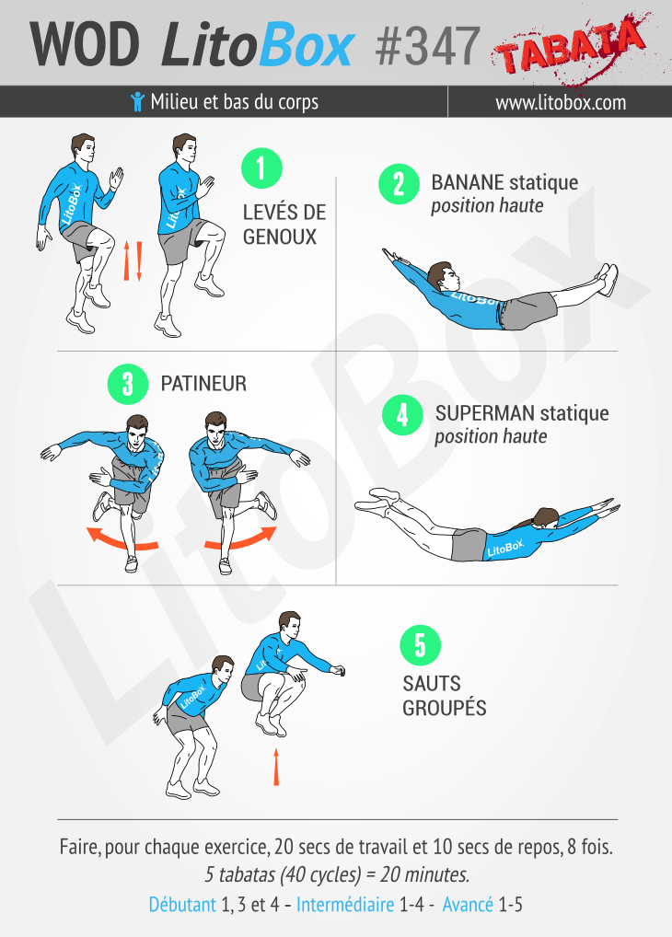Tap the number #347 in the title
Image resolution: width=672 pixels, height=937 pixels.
point(427,45)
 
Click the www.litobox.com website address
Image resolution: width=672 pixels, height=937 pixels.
point(561,102)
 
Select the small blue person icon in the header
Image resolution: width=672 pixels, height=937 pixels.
point(137,101)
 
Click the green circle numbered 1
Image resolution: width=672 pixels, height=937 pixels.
point(261,168)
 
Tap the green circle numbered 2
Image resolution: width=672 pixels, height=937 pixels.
point(399,184)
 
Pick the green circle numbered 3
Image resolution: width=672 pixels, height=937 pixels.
point(128,384)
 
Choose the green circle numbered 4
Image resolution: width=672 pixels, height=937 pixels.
point(402,415)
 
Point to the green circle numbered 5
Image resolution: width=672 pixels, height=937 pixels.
point(421,645)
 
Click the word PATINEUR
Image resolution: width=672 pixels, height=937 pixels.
point(203,384)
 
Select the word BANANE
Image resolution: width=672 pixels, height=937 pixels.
point(468,182)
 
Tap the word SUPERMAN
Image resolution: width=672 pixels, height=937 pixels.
point(485,413)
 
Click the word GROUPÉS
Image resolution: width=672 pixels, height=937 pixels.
point(445,708)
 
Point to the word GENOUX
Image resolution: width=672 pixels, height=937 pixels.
point(280,237)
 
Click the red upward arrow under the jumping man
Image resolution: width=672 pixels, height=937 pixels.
point(276,768)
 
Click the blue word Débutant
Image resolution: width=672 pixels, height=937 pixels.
point(182,905)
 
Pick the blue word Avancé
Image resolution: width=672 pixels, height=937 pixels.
point(468,905)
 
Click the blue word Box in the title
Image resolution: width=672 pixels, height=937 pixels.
point(307,45)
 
